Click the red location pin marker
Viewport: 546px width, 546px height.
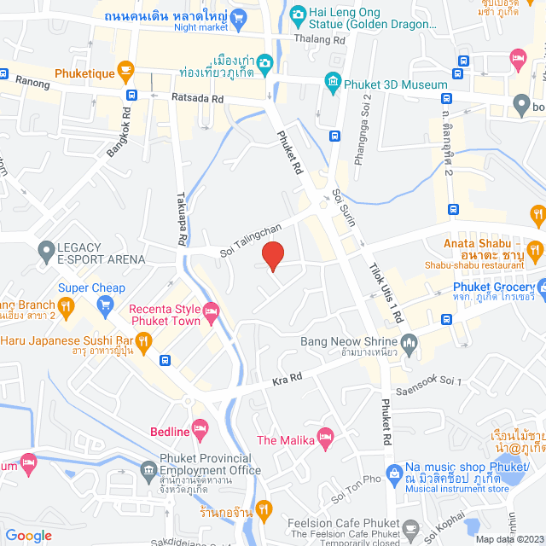pyautogui.click(x=272, y=257)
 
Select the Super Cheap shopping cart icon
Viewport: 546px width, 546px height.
pyautogui.click(x=105, y=305)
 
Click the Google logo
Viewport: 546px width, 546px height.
pyautogui.click(x=28, y=535)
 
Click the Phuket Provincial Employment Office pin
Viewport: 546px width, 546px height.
pyautogui.click(x=144, y=470)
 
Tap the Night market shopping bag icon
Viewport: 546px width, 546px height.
pyautogui.click(x=238, y=17)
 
